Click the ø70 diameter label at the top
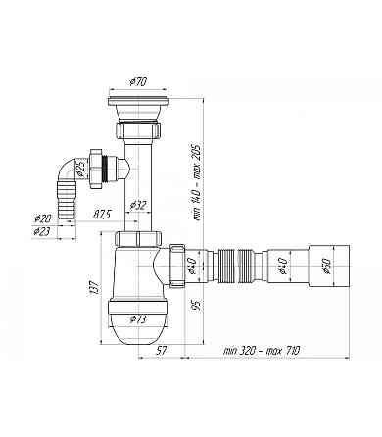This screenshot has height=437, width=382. point(138,82)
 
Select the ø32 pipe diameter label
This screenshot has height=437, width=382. point(138,206)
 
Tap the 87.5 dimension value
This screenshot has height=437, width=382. point(102,215)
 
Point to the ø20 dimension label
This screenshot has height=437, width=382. point(42,218)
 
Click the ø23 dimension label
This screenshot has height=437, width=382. point(41,232)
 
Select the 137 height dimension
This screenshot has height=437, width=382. point(94,288)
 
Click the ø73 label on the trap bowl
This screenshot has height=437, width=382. point(137,319)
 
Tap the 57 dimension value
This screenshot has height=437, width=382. point(161,351)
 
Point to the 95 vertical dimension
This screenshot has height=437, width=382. point(196,305)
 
